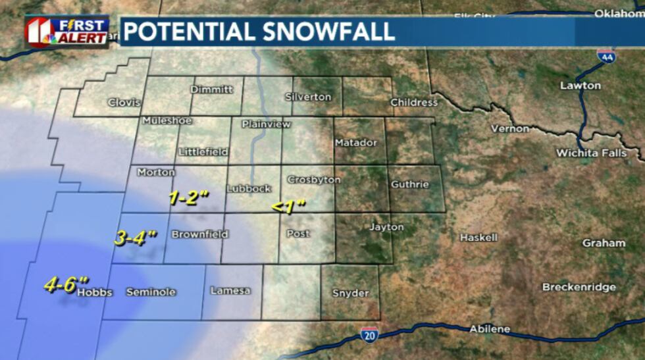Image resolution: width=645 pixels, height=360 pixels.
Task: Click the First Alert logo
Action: pos(66,31)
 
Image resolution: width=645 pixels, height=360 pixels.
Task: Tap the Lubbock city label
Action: pos(249,188)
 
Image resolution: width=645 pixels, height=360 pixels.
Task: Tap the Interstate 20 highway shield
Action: pos(370,335)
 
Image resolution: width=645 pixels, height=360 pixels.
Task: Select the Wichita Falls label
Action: pos(591,153)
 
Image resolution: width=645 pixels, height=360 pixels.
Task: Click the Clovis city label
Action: pos(124,102)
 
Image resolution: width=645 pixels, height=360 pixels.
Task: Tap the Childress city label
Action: pos(413,102)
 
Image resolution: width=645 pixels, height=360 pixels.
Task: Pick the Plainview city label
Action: pos(261,124)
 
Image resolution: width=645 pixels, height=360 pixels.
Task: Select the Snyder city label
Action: pos(350,293)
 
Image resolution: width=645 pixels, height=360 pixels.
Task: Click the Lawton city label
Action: pos(580,86)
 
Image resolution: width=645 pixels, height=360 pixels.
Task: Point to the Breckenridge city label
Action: pos(579,287)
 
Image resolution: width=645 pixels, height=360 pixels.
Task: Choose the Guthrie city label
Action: pos(409,184)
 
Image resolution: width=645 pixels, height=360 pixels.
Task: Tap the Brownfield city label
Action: pos(199,234)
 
